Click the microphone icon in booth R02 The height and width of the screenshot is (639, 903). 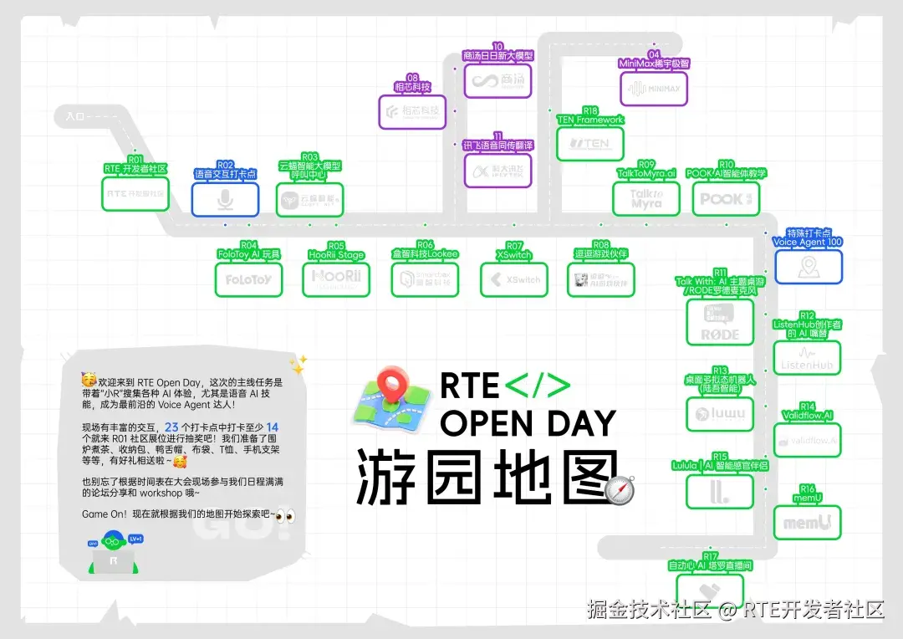click(225, 200)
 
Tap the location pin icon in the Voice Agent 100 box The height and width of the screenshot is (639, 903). click(808, 267)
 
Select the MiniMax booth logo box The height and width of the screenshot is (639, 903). click(654, 88)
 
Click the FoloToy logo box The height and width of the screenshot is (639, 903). click(248, 279)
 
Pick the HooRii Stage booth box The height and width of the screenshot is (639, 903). click(336, 279)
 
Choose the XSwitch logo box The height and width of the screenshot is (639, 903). click(513, 279)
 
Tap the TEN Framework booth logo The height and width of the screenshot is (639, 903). click(590, 143)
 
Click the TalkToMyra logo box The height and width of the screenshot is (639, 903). click(646, 199)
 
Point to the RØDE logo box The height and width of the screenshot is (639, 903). click(719, 322)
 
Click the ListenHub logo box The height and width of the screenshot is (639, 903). click(807, 358)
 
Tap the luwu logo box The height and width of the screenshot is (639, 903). click(719, 413)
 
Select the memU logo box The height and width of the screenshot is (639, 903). click(807, 523)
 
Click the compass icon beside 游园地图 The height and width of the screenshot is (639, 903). click(620, 490)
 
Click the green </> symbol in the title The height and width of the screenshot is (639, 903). click(538, 386)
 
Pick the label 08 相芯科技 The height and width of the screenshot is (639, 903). click(412, 82)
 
